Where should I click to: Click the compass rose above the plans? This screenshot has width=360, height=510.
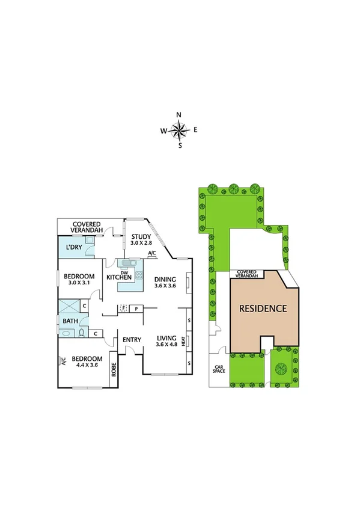coord(180,129)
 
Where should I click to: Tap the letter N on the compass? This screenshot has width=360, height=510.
coord(179,115)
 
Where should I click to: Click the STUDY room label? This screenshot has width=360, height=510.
coord(142,236)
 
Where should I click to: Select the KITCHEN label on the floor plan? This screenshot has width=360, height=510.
coord(119,277)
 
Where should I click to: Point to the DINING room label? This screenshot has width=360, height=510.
coord(165,279)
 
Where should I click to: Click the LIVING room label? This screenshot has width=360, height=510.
coord(166,337)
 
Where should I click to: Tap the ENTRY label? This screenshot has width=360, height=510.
coord(132,340)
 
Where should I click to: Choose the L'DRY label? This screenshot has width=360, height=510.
coord(74,247)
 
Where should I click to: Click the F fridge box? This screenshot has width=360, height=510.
coord(123,309)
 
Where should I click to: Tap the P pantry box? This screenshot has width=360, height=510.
coord(136,309)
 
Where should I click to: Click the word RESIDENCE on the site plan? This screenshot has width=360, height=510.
coord(263,309)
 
